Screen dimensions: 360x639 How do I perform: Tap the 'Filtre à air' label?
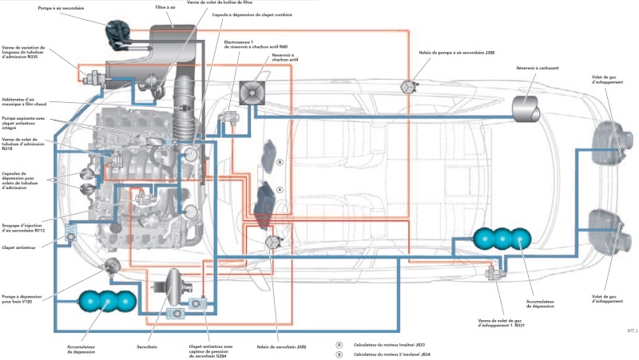[x=166, y=6]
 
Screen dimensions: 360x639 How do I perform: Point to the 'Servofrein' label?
[x=149, y=348]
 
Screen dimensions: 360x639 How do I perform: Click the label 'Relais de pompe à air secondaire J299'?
[x=451, y=53]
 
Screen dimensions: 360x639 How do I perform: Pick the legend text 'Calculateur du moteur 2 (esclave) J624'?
[x=395, y=353]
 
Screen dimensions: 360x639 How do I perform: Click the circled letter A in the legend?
[x=339, y=344]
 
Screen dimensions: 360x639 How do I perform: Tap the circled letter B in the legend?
[x=339, y=353]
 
